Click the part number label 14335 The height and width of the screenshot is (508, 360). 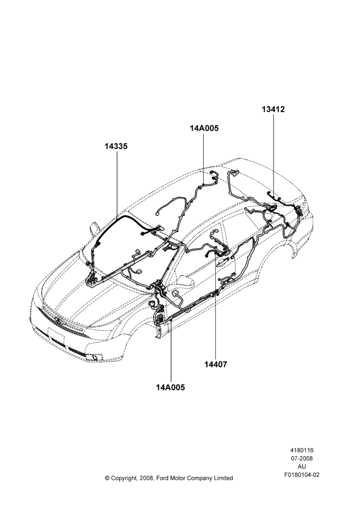tap(116, 146)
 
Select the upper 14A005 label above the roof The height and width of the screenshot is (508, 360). tap(204, 128)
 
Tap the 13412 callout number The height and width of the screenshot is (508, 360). tap(274, 109)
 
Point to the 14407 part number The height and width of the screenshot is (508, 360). tap(216, 364)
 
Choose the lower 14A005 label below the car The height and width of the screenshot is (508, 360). tap(171, 387)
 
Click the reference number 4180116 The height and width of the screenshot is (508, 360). tap(302, 450)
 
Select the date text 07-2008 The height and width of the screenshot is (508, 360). tap(302, 458)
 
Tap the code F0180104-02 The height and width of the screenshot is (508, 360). tap(302, 475)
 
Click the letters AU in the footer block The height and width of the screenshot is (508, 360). tap(302, 467)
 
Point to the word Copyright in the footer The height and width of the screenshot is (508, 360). tap(123, 478)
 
